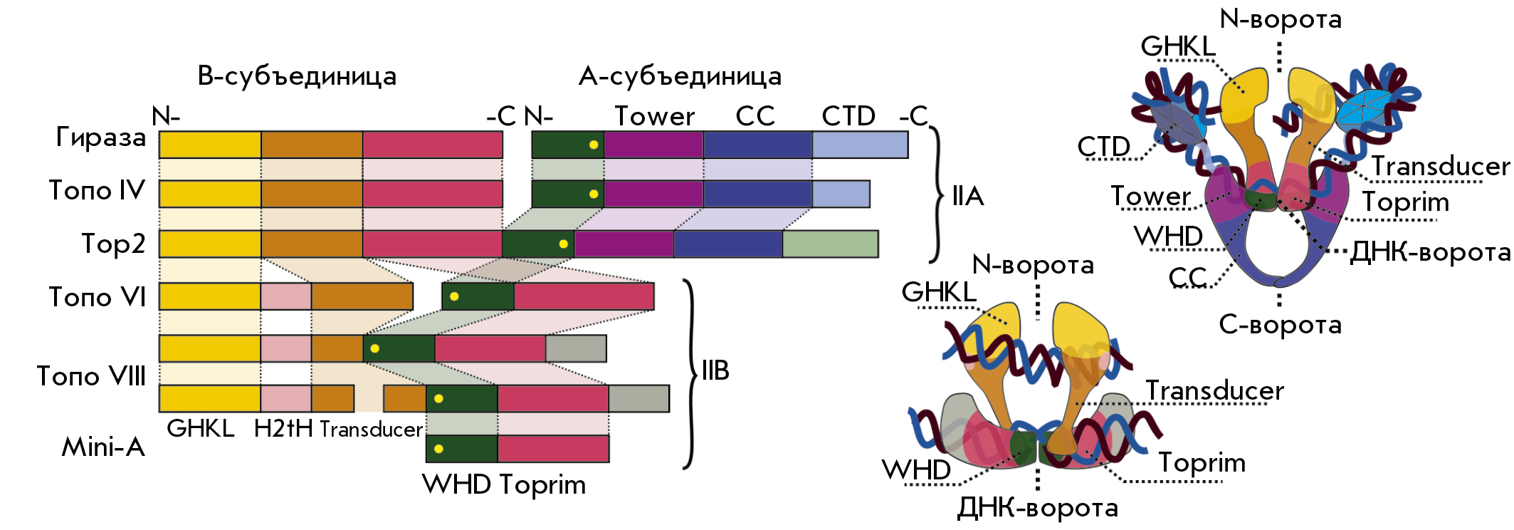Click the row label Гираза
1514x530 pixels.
[101, 137]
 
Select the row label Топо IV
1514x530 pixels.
[97, 190]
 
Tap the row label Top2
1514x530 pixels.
[114, 244]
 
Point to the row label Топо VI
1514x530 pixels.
[97, 296]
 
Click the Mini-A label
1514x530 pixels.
[103, 447]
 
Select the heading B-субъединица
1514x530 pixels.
[297, 76]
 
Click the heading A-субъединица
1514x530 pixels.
[680, 76]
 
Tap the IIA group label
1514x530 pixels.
[968, 196]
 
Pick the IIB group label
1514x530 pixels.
[715, 370]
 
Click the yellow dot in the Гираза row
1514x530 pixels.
[594, 145]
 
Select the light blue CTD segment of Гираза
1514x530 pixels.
[860, 145]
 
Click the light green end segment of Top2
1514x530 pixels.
[830, 244]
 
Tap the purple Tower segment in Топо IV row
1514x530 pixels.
[653, 194]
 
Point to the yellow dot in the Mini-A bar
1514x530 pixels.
[438, 449]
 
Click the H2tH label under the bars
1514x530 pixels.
[283, 428]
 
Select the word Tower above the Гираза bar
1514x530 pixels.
[655, 116]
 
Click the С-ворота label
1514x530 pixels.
[1280, 324]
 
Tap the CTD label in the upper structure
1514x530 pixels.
[1103, 147]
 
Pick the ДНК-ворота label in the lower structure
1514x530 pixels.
[1037, 507]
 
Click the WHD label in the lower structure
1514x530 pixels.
[916, 469]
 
